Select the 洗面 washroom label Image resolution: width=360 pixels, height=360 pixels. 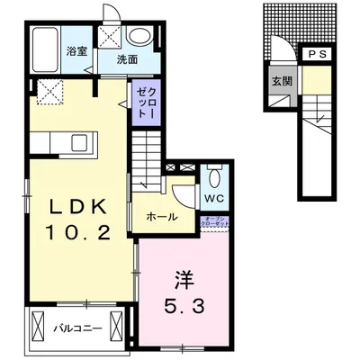tap(127, 59)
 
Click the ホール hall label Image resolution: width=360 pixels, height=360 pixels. tap(162, 216)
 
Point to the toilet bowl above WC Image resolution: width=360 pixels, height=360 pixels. tap(213, 175)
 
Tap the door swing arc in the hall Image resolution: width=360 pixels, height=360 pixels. tap(184, 193)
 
